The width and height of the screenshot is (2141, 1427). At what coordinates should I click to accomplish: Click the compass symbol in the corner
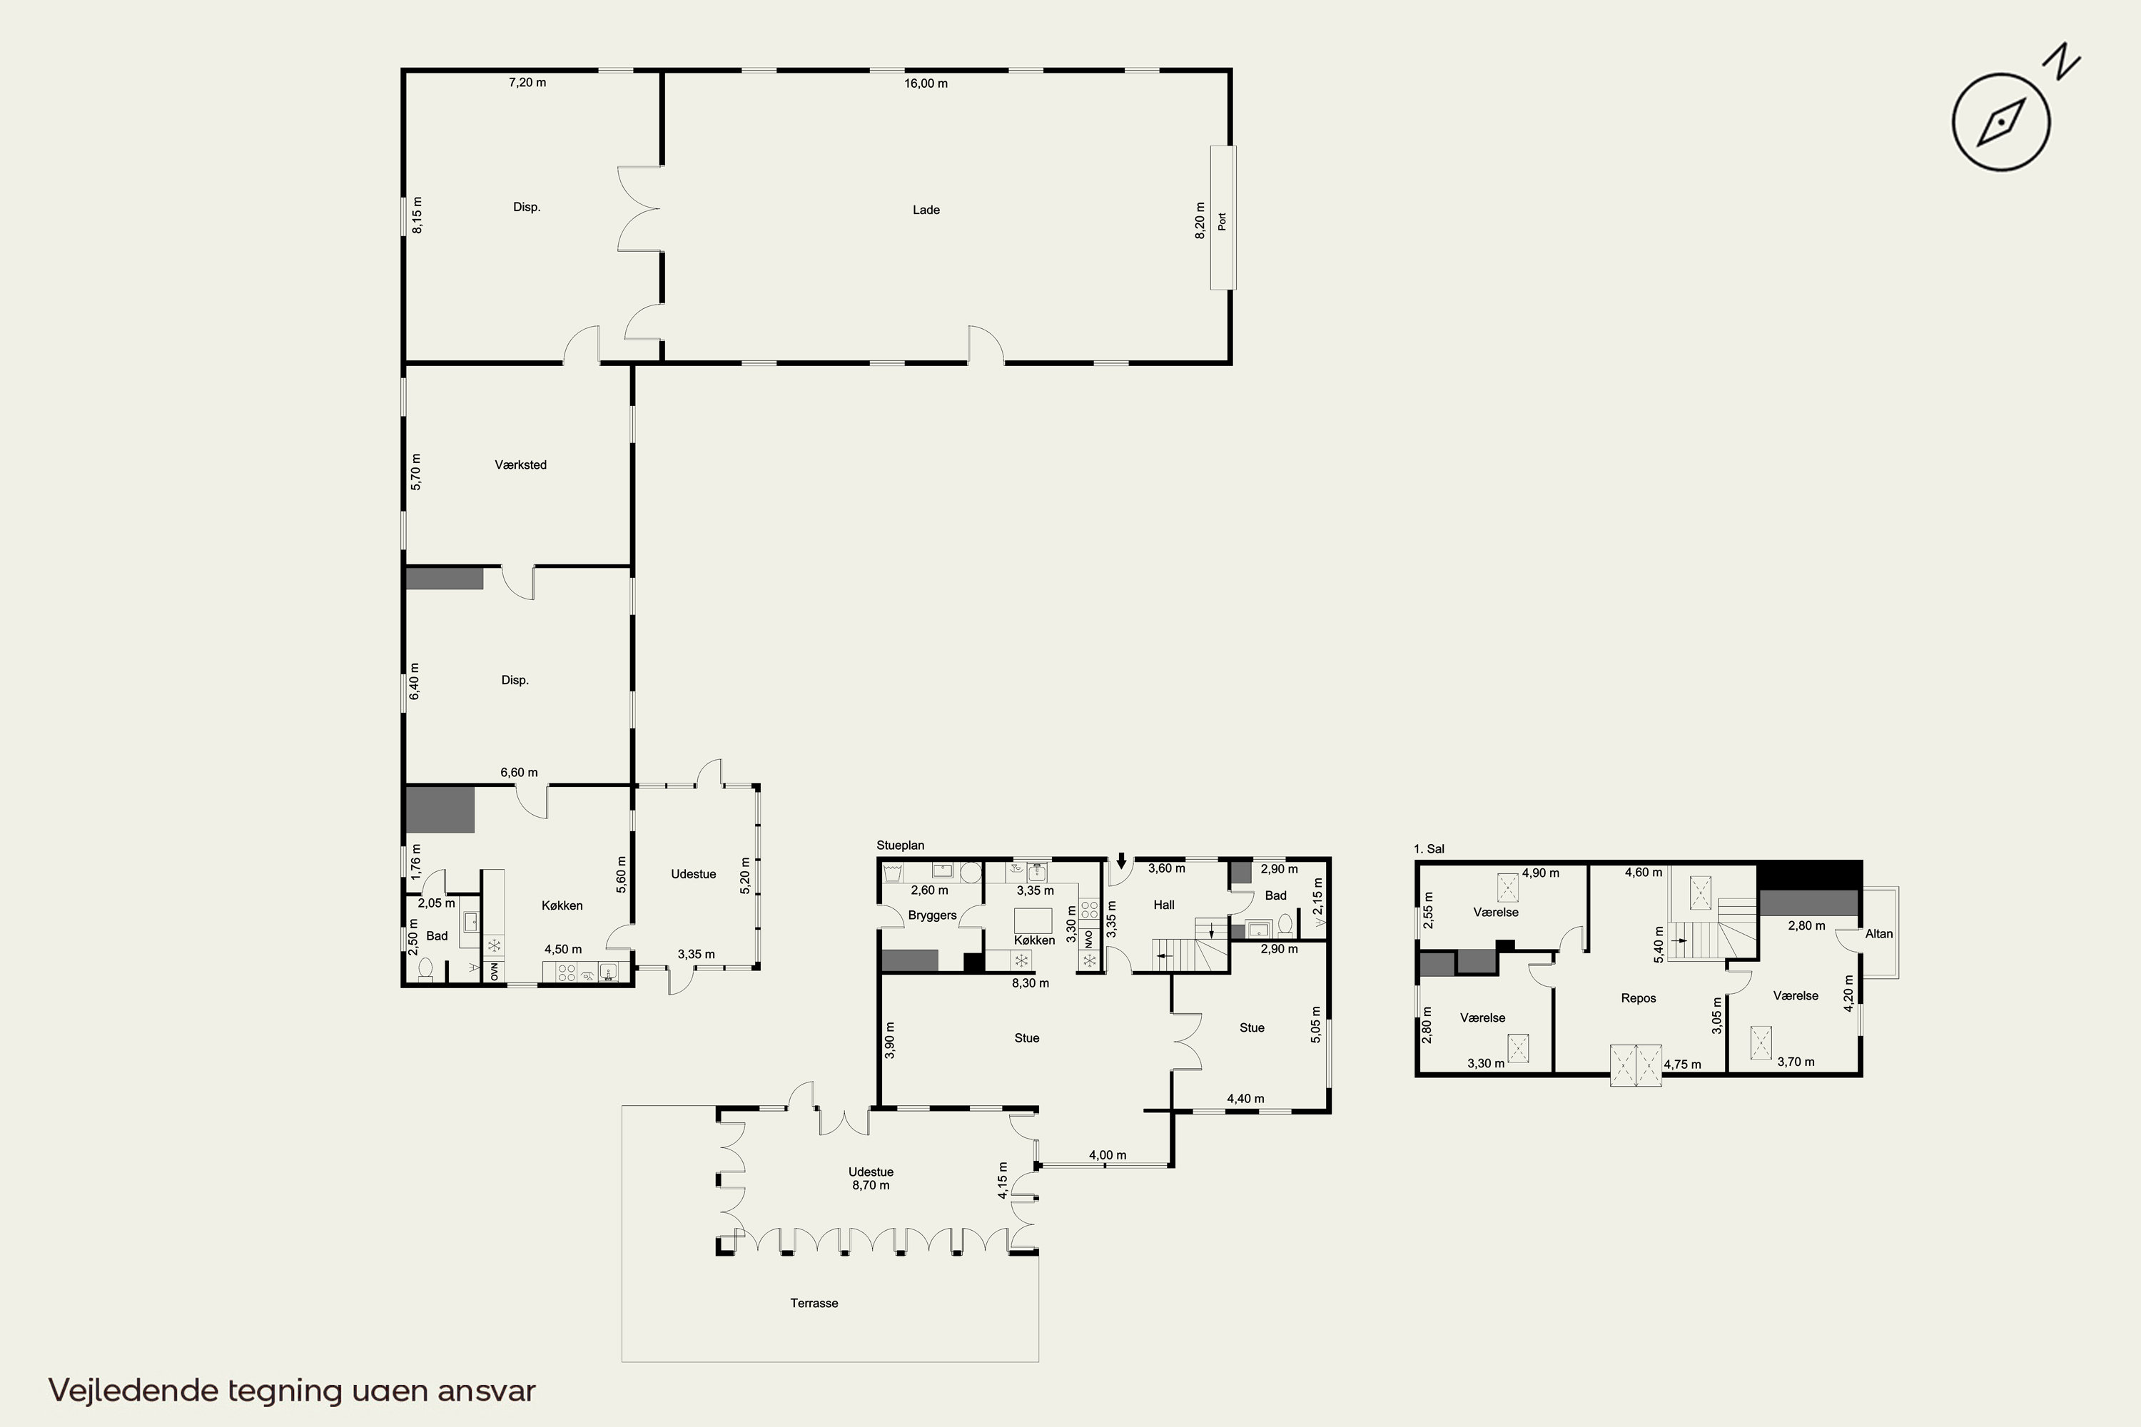(2001, 122)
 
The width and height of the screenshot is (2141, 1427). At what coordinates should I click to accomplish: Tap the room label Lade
(926, 210)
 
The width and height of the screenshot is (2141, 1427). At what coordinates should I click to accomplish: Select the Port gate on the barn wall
(1223, 218)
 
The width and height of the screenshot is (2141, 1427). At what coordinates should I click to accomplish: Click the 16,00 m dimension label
(926, 83)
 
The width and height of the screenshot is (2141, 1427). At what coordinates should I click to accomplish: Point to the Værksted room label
(521, 465)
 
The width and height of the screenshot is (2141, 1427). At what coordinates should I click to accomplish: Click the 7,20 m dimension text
(527, 83)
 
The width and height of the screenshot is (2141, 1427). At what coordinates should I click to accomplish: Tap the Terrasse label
(814, 1304)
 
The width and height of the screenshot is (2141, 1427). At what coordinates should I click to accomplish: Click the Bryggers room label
(932, 915)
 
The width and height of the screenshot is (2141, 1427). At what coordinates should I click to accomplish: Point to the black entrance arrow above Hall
(1121, 860)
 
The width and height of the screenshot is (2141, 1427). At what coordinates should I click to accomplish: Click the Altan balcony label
(1879, 934)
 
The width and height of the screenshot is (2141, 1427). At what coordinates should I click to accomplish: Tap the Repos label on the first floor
(1639, 998)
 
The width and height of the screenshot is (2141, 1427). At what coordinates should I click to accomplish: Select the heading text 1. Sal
(1429, 849)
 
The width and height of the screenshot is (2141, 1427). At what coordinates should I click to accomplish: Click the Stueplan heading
(900, 845)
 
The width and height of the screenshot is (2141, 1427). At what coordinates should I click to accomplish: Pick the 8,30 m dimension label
(1031, 983)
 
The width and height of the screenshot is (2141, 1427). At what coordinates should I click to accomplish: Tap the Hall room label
(1163, 905)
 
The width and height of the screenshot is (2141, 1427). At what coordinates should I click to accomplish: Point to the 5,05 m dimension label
(1315, 1024)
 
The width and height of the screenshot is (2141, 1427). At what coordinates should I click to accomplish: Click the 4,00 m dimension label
(1108, 1156)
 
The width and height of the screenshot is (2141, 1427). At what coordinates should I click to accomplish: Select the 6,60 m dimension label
(519, 773)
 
